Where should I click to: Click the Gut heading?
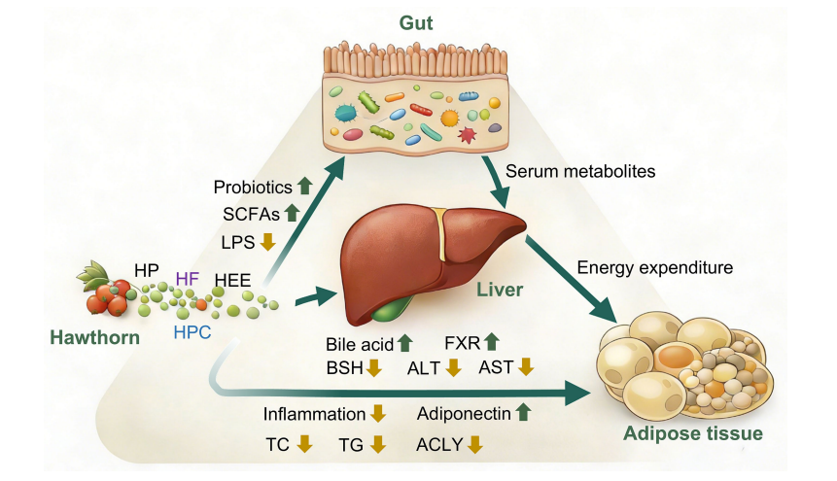[416, 23]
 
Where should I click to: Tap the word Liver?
[500, 290]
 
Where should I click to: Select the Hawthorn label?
[95, 337]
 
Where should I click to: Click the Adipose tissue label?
[693, 433]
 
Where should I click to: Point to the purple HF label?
[188, 278]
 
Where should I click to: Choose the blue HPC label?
[192, 332]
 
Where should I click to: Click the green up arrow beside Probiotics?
[305, 186]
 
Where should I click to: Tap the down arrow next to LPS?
[268, 242]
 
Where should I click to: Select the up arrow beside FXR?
[491, 342]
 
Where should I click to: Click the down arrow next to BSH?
[373, 368]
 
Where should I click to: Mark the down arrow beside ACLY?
[475, 444]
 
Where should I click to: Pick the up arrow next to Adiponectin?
[524, 412]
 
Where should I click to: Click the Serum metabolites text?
[580, 171]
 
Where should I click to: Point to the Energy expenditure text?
[655, 267]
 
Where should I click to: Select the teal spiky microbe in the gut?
[345, 113]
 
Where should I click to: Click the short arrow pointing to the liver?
[316, 296]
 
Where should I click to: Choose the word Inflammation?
[314, 414]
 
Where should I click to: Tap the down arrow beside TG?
[378, 444]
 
